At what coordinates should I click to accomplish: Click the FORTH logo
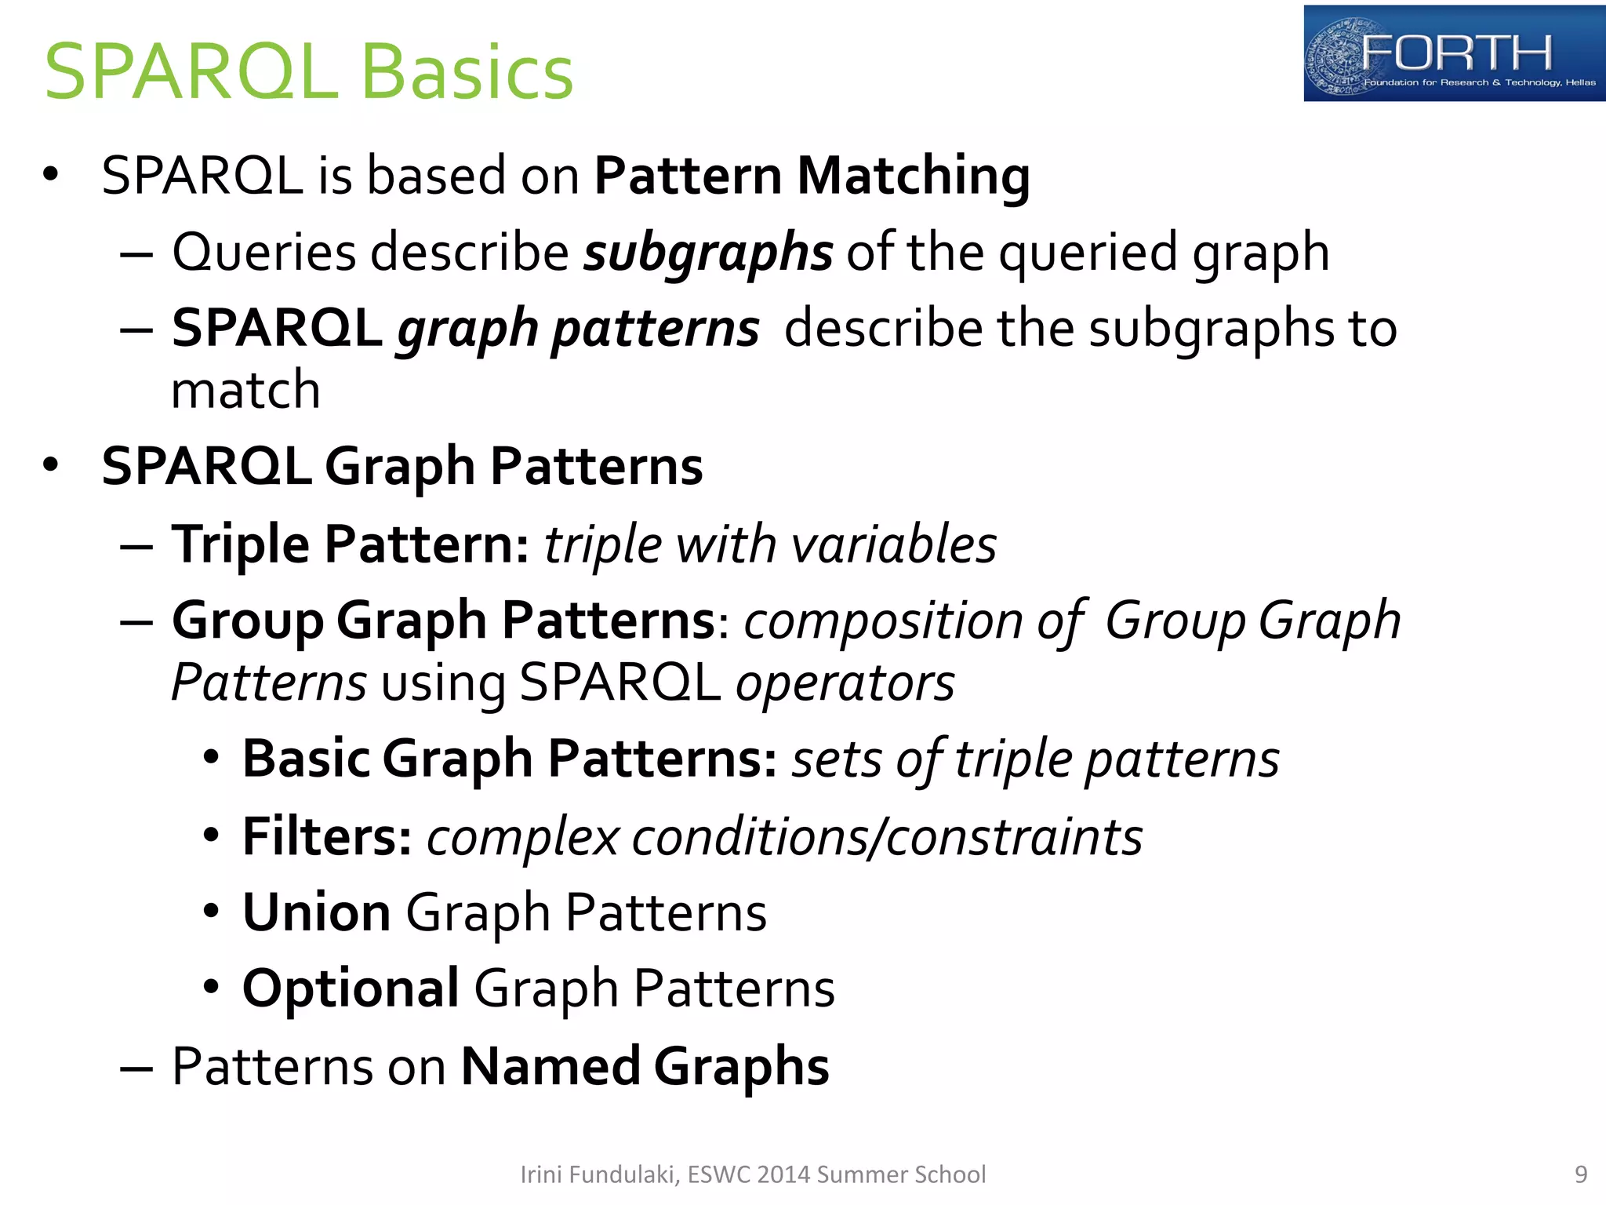pyautogui.click(x=1453, y=54)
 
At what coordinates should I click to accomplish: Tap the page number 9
pyautogui.click(x=1581, y=1174)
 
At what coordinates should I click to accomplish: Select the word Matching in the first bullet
pyautogui.click(x=913, y=175)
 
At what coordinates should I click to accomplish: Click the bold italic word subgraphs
pyautogui.click(x=707, y=253)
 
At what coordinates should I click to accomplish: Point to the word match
pyautogui.click(x=245, y=390)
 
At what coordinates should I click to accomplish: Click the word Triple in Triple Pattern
pyautogui.click(x=241, y=544)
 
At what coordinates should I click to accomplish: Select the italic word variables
pyautogui.click(x=894, y=544)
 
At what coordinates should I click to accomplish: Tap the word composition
pyautogui.click(x=883, y=621)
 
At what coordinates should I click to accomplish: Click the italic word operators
pyautogui.click(x=845, y=683)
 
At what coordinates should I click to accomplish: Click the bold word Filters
pyautogui.click(x=326, y=836)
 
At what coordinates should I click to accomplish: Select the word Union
pyautogui.click(x=316, y=912)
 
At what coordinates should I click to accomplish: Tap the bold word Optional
pyautogui.click(x=351, y=988)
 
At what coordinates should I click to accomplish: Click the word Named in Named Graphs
pyautogui.click(x=550, y=1066)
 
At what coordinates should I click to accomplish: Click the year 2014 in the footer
pyautogui.click(x=784, y=1174)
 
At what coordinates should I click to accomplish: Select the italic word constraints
pyautogui.click(x=1015, y=836)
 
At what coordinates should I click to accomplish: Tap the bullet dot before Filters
pyautogui.click(x=210, y=836)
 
